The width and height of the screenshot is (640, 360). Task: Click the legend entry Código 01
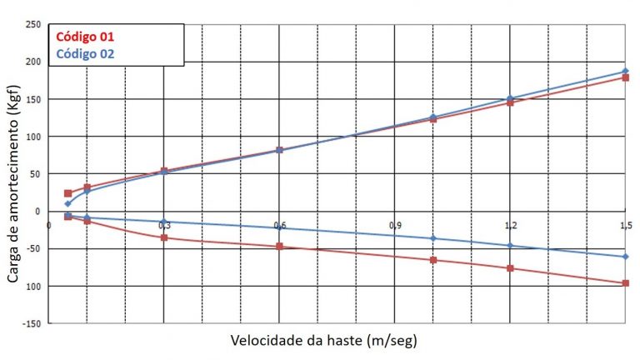[x=85, y=37]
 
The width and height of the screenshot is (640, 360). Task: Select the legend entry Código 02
[x=85, y=54]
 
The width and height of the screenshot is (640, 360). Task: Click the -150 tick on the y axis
[x=31, y=323]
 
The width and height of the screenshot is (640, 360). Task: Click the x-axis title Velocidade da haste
[x=323, y=341]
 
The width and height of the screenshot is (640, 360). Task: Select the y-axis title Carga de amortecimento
[x=14, y=174]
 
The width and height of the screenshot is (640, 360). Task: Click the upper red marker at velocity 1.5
[x=626, y=77]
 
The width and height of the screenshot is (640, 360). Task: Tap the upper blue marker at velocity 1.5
[x=626, y=72]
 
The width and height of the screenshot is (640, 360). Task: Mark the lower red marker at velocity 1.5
[x=626, y=283]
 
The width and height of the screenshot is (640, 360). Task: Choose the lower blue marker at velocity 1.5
[x=626, y=257]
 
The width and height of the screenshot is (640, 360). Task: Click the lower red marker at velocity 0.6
[x=280, y=247]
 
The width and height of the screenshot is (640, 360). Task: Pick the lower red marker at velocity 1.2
[x=510, y=268]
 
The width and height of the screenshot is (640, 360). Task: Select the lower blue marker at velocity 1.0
[x=433, y=238]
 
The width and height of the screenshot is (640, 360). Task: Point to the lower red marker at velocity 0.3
[x=164, y=237]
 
